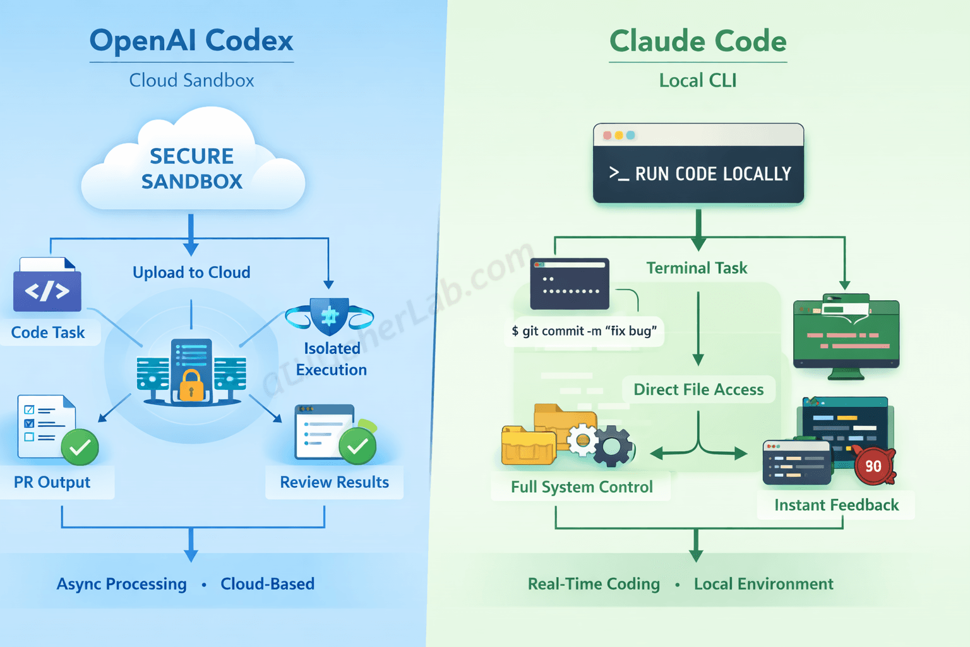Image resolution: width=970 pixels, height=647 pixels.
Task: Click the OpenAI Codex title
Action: coord(191,40)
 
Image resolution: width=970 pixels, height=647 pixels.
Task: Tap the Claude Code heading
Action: coord(698,42)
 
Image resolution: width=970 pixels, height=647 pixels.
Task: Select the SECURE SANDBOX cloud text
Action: coord(192,169)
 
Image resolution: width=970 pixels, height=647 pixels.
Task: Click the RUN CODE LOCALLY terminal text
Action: coord(712,174)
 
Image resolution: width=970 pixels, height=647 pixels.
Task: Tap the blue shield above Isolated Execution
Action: coord(330,316)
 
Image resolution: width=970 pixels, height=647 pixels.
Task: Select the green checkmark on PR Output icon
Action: coord(80,447)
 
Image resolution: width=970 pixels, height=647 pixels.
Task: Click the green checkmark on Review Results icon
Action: coord(357,446)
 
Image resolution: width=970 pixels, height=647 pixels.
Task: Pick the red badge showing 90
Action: coord(873,466)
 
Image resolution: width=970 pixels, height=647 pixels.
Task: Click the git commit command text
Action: coord(584,331)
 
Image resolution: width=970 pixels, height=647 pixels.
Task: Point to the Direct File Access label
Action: coord(698,390)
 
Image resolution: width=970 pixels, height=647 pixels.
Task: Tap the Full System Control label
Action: coord(582,487)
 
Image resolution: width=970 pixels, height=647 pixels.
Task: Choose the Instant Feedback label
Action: coord(836,505)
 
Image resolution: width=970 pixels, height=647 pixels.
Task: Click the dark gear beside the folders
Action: coord(611,447)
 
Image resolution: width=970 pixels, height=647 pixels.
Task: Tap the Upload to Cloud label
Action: coord(191,272)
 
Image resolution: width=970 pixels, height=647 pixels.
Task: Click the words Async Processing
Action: coord(122,584)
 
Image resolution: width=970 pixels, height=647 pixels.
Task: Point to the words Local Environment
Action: coord(763,584)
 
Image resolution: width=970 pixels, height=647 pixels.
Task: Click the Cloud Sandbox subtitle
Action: coord(191,80)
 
